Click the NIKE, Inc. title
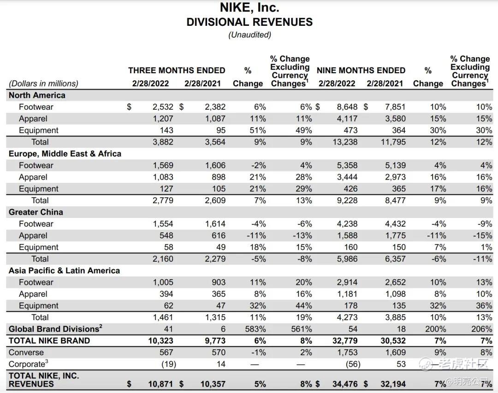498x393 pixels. (x=249, y=8)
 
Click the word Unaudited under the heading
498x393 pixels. (x=249, y=35)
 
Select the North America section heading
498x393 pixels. (x=37, y=95)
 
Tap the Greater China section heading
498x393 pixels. (x=36, y=212)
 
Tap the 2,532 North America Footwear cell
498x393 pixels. (x=163, y=107)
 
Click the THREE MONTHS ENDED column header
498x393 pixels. (x=177, y=70)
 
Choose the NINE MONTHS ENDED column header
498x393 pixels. (x=361, y=70)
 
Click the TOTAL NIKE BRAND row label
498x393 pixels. (x=49, y=341)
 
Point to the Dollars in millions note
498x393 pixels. (x=43, y=83)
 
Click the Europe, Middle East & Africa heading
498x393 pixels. (x=65, y=154)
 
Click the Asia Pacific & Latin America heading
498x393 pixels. (x=64, y=271)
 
